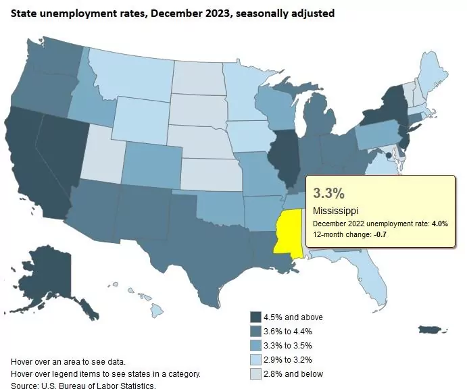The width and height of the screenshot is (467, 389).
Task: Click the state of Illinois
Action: coord(284,159)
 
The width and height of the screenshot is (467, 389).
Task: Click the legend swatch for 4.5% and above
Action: coord(255,317)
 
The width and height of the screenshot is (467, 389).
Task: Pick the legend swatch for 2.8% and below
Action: coord(255,373)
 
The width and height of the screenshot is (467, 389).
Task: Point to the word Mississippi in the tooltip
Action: coord(335,211)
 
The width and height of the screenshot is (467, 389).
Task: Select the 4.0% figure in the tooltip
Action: coord(437,223)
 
